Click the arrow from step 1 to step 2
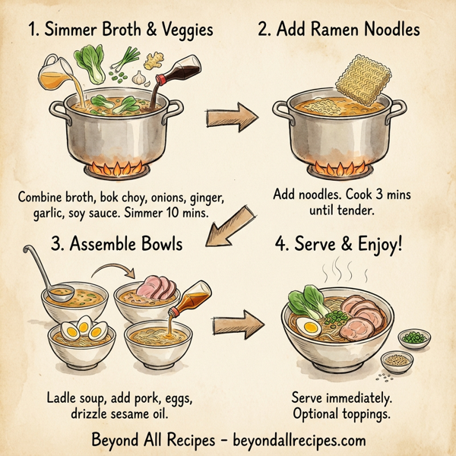click(x=230, y=118)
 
